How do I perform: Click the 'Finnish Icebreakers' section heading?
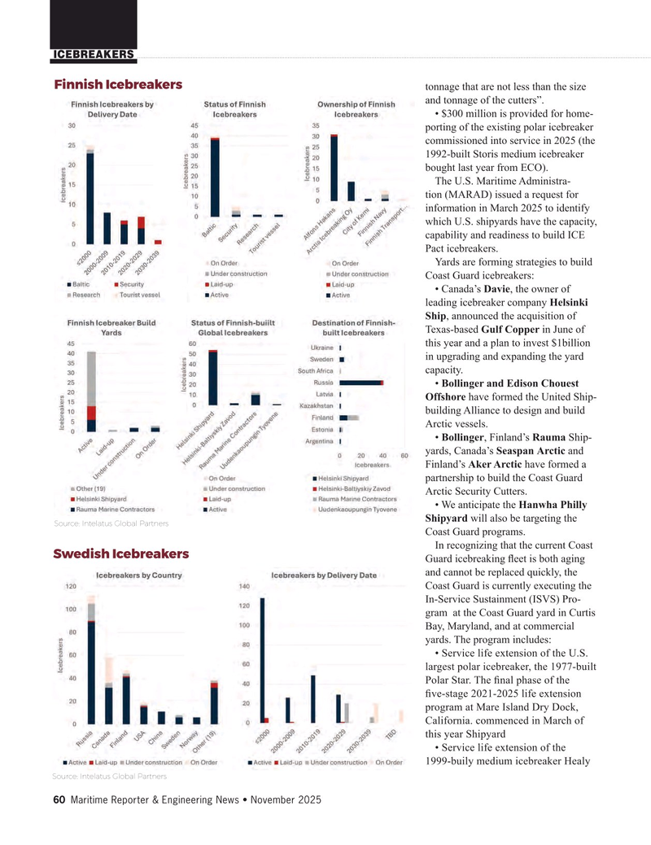point(118,85)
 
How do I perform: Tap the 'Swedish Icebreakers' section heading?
point(121,554)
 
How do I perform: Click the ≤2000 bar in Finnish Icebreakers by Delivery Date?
point(90,196)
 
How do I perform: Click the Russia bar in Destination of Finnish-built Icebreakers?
point(361,382)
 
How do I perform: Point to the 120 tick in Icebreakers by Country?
point(71,586)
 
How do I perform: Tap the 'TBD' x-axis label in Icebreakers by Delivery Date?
point(390,734)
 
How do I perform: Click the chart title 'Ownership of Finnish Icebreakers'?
point(356,109)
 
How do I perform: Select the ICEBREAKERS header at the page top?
point(94,55)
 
